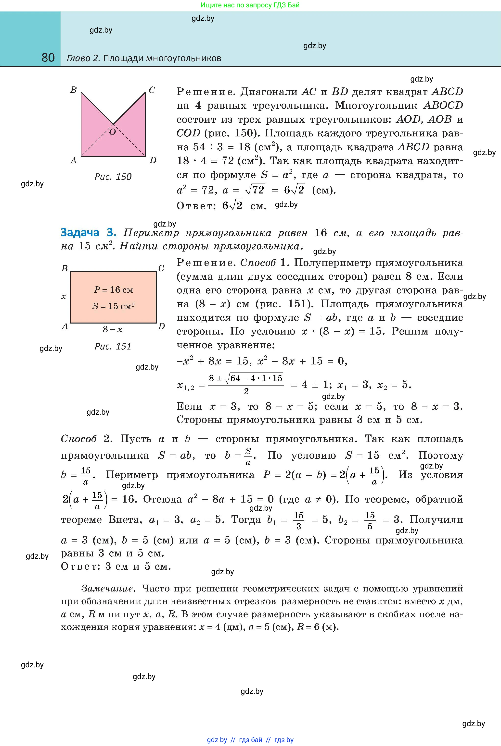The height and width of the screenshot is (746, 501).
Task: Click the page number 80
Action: tap(48, 58)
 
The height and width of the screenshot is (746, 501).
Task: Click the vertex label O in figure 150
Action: tap(112, 132)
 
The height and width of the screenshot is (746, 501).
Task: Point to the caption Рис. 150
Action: tap(113, 177)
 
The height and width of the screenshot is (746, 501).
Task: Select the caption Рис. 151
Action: tap(113, 347)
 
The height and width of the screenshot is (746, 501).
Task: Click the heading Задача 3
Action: tap(89, 233)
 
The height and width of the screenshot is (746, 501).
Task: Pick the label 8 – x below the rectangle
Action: tap(113, 330)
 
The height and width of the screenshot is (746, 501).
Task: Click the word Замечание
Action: tap(108, 588)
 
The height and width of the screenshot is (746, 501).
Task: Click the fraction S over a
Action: tap(248, 456)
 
